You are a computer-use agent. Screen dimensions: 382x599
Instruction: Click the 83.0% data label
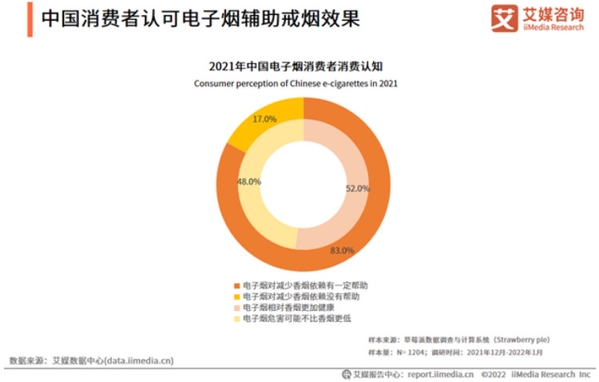click(x=342, y=250)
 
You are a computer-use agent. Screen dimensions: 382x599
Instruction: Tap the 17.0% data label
click(x=264, y=119)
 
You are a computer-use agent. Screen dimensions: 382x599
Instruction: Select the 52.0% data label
click(x=357, y=189)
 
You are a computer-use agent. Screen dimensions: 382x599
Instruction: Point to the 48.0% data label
click(x=249, y=181)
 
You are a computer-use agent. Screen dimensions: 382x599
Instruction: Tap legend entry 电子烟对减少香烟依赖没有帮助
click(x=296, y=296)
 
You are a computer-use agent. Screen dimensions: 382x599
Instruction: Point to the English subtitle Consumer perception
click(x=296, y=82)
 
